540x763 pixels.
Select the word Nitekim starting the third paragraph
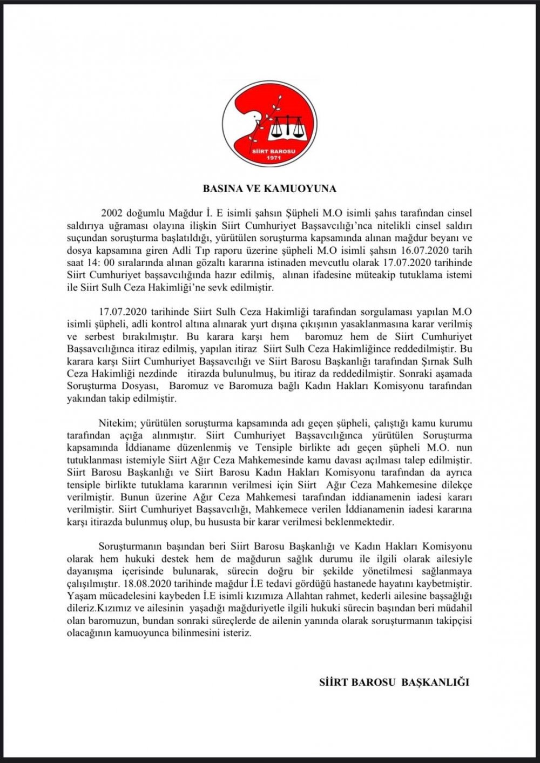(x=116, y=423)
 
